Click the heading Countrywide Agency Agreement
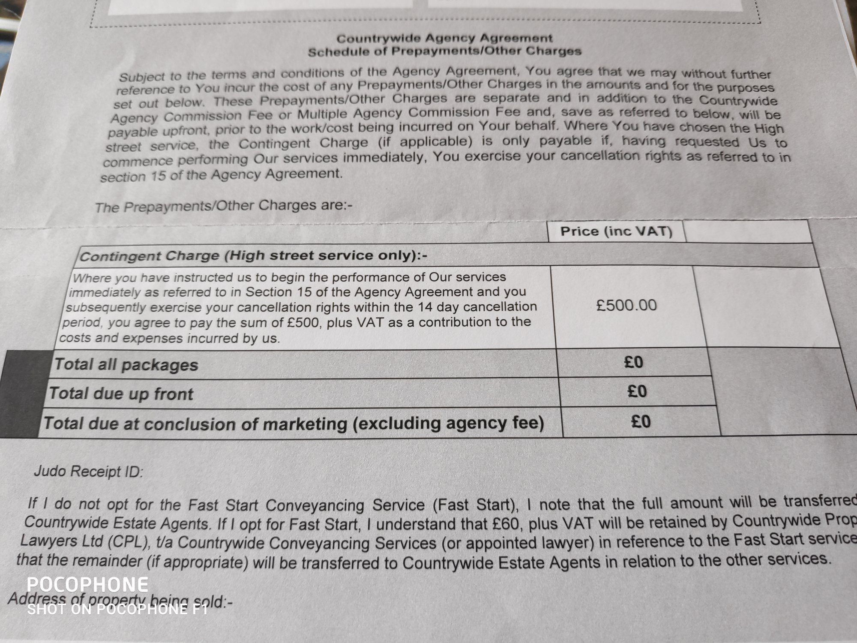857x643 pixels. pos(444,39)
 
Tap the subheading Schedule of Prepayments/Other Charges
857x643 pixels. pos(444,52)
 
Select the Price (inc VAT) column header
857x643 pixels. pos(616,232)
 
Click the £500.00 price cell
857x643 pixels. pos(626,306)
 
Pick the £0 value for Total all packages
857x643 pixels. pos(633,363)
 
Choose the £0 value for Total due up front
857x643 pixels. pos(637,392)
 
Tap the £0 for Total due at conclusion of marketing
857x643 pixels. pos(641,422)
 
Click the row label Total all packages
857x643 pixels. pos(126,365)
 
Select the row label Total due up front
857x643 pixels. pos(121,394)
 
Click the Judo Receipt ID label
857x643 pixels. pos(88,472)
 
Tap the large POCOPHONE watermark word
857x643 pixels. pos(87,585)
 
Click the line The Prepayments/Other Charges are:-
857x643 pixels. pos(223,206)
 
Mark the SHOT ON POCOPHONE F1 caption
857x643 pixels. pos(117,609)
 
